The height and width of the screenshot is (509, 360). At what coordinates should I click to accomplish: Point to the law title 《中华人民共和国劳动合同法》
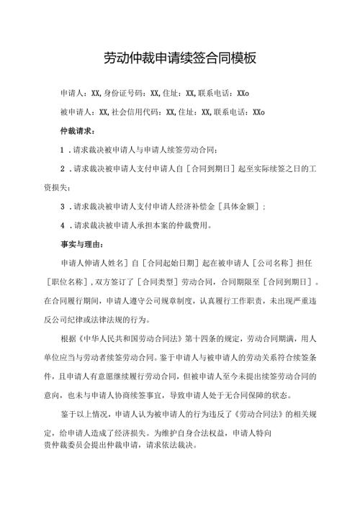point(133,338)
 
